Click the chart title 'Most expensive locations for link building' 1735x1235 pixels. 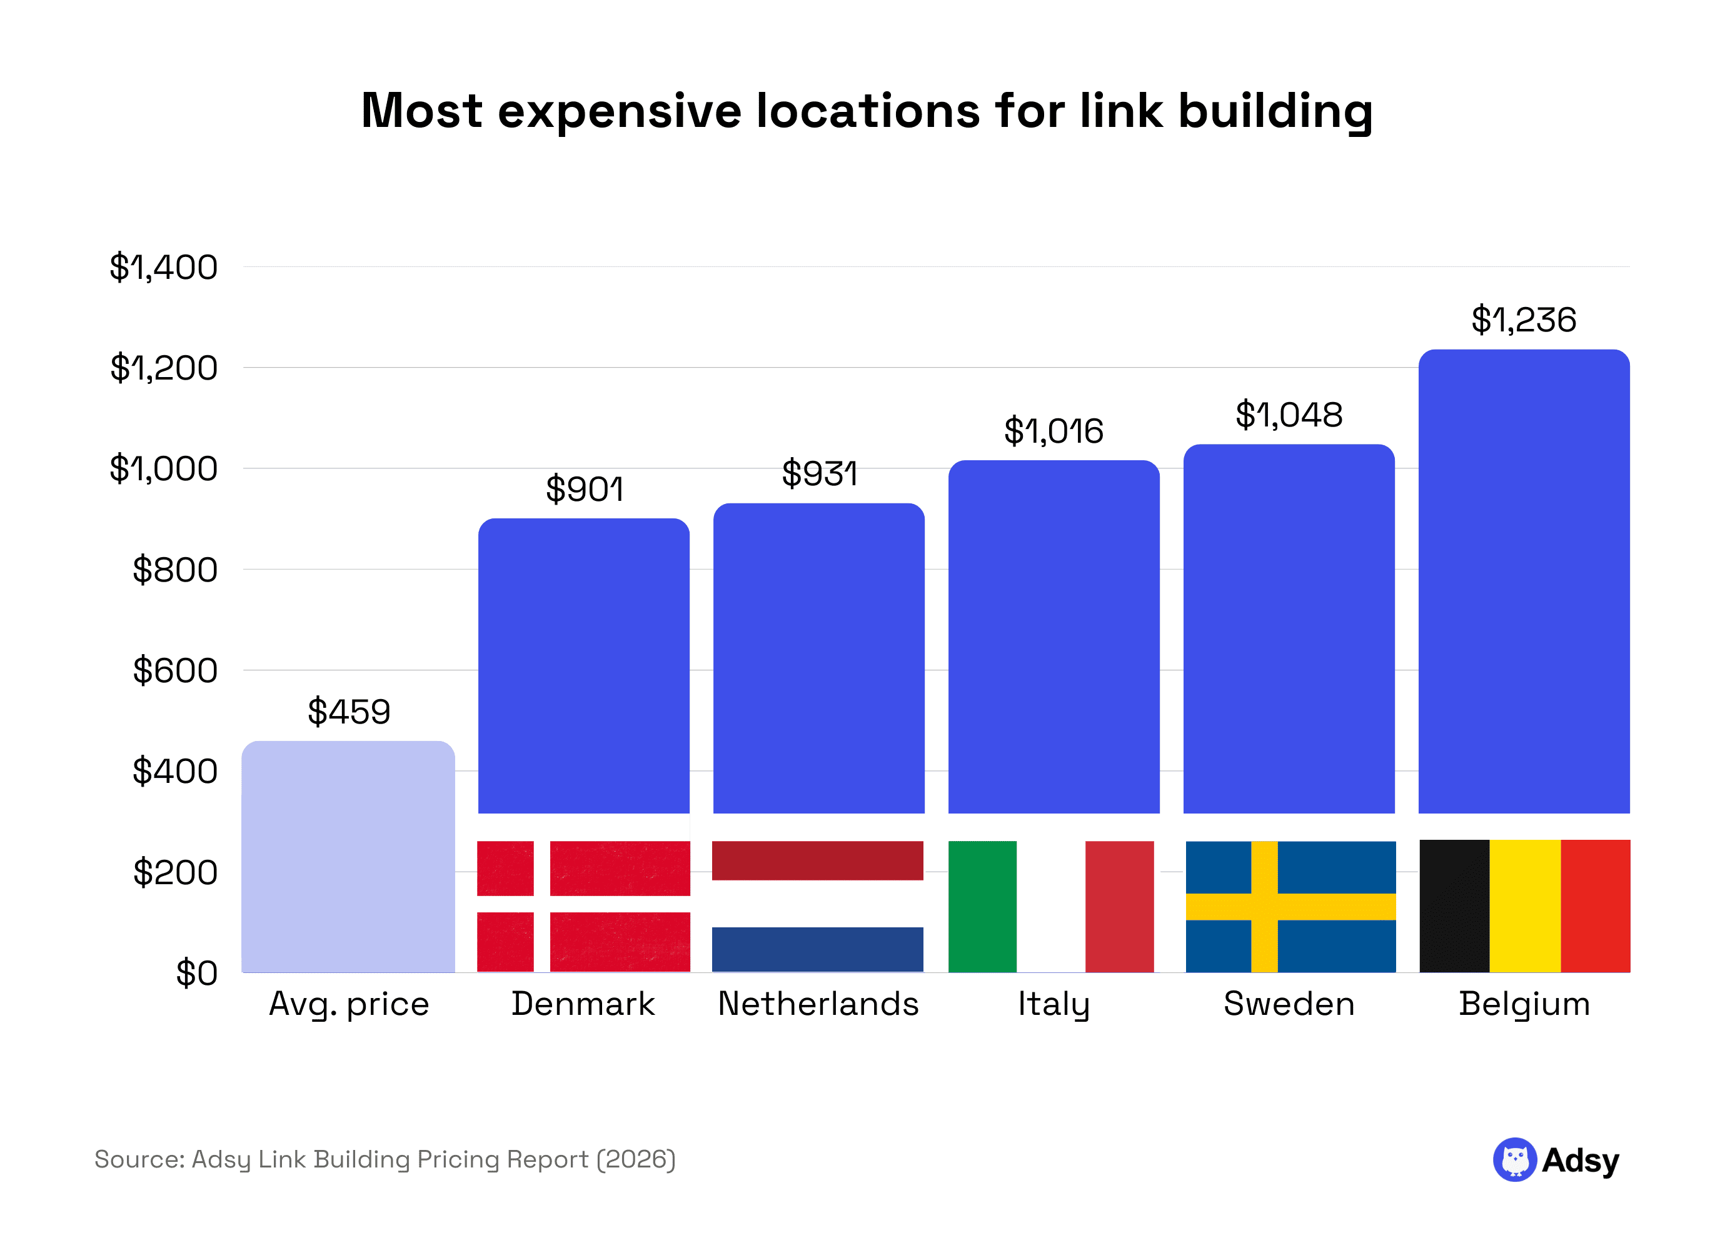(866, 111)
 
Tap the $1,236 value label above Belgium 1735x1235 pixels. (1523, 320)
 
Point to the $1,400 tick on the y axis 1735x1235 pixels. (163, 268)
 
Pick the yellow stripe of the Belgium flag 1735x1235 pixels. (1524, 905)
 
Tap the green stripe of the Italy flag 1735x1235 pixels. (982, 905)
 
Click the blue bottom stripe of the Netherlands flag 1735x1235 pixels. (817, 949)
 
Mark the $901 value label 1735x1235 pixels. (584, 489)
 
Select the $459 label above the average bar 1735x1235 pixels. (348, 712)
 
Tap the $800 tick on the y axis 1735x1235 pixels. (175, 570)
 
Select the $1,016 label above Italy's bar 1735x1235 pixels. (1053, 431)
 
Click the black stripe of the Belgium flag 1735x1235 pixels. (1454, 905)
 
